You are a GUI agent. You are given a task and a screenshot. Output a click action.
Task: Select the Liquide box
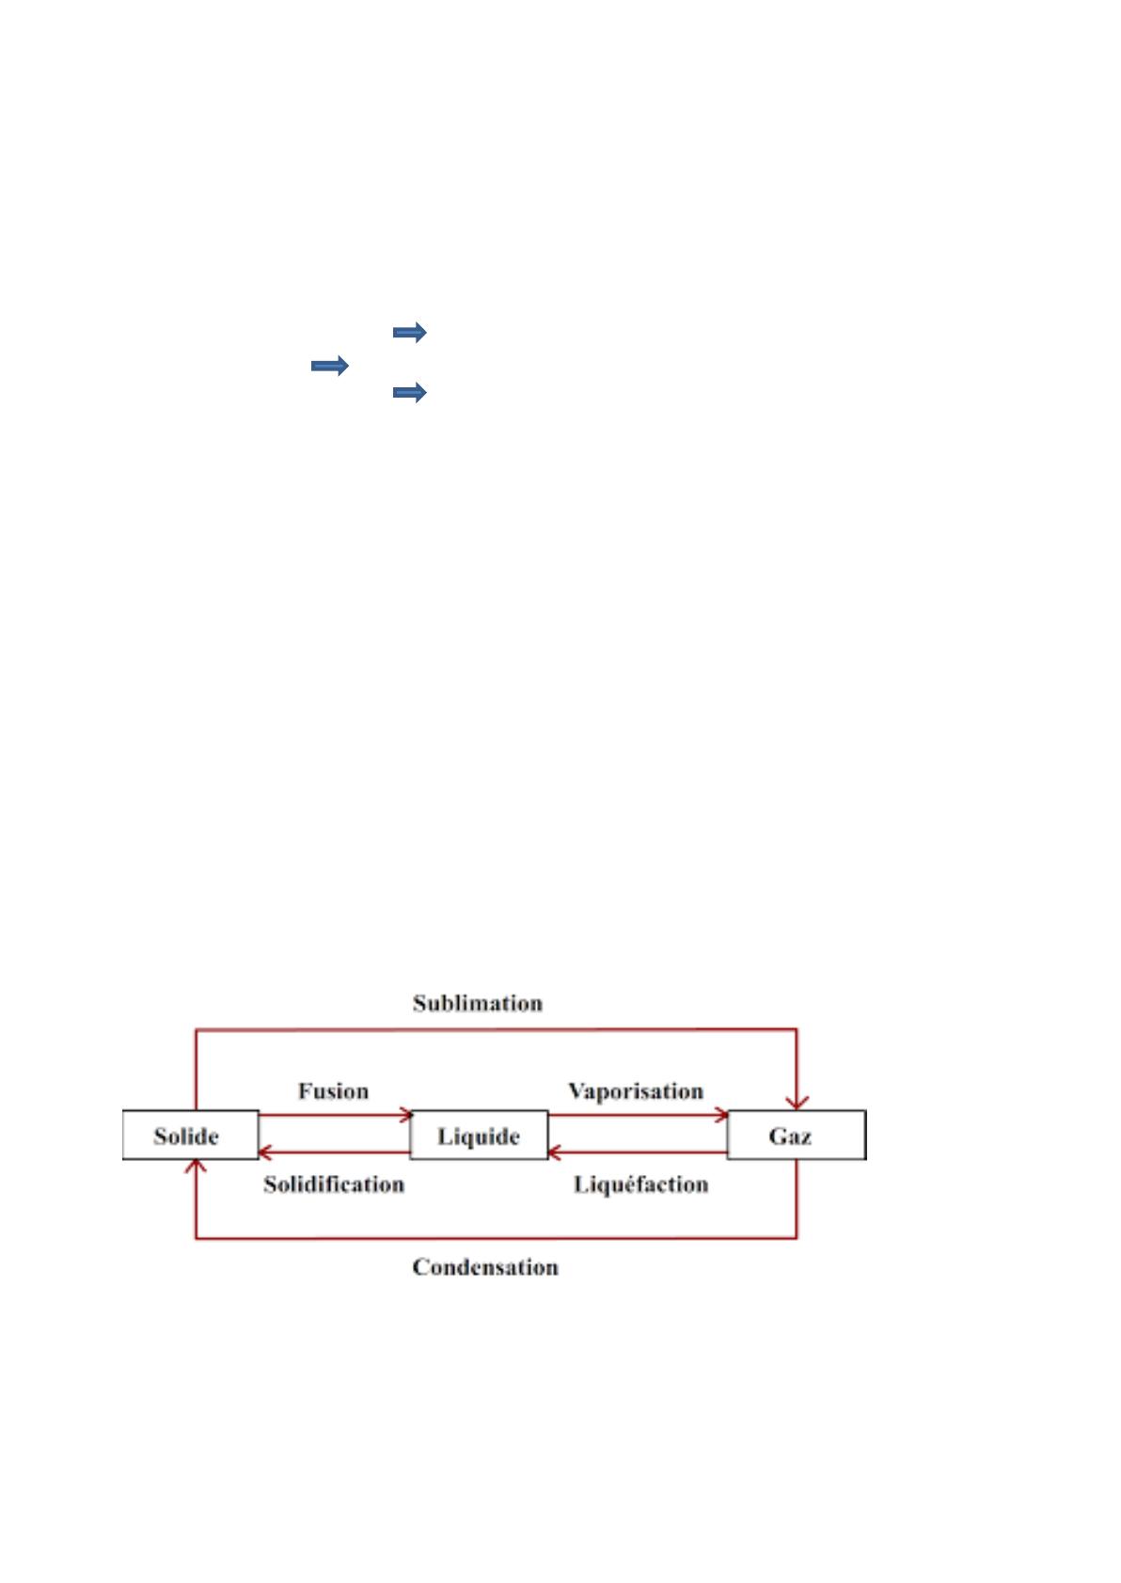[x=479, y=1136]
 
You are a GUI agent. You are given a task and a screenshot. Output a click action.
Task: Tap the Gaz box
[x=796, y=1136]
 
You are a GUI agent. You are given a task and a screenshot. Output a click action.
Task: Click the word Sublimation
[x=478, y=1003]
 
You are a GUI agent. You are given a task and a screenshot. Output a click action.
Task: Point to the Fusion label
[x=333, y=1090]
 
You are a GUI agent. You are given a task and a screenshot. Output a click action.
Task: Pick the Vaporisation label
[x=636, y=1090]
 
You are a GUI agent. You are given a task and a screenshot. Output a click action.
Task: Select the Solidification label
[x=334, y=1183]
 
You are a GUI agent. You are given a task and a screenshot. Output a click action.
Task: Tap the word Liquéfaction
[x=640, y=1183]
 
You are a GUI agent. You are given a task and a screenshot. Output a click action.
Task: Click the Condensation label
[x=485, y=1267]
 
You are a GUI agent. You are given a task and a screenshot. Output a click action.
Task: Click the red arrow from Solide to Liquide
[x=334, y=1116]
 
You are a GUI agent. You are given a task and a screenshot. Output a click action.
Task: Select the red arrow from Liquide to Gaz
[x=637, y=1116]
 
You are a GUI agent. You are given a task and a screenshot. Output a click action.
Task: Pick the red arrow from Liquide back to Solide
[x=334, y=1152]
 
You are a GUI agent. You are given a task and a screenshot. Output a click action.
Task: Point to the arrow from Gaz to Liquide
[x=637, y=1152]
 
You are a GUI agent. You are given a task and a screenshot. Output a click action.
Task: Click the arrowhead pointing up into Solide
[x=196, y=1168]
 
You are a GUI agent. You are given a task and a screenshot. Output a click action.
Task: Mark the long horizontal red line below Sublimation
[x=496, y=1030]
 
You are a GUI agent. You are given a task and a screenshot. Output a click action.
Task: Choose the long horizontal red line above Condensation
[x=496, y=1237]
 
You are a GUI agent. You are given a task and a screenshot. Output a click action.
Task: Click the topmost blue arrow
[x=409, y=332]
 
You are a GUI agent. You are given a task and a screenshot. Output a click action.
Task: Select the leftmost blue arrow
[x=329, y=366]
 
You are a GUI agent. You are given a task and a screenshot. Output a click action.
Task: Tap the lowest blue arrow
[x=409, y=393]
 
